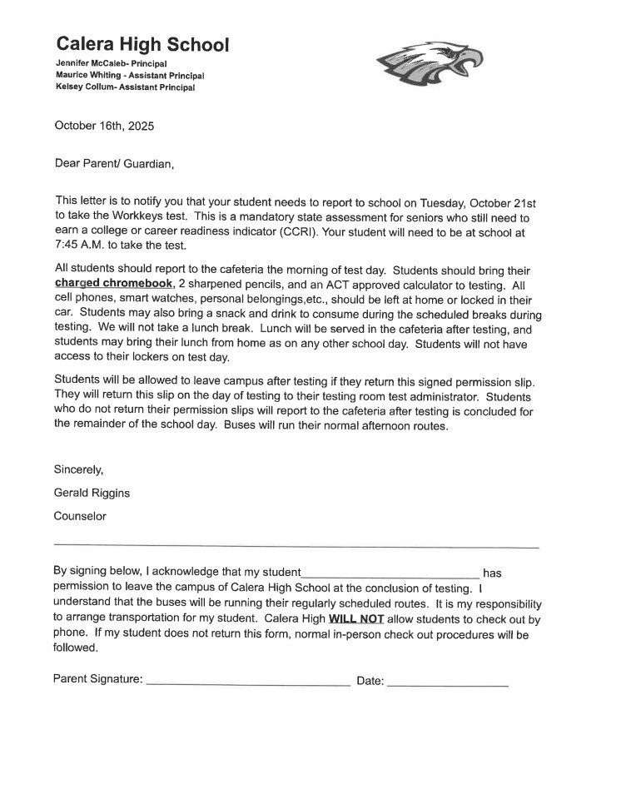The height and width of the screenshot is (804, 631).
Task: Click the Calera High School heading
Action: pos(142,45)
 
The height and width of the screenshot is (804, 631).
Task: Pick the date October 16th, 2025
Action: pos(104,127)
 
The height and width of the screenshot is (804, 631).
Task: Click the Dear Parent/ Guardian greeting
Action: pos(114,163)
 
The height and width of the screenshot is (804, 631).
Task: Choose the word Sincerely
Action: pos(78,469)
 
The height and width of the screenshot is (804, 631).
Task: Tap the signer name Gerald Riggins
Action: pos(92,493)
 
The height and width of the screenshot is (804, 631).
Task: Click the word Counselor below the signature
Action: pos(80,516)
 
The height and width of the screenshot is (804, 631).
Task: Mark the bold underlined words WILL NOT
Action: pos(356,619)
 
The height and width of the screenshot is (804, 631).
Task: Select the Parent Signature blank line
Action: pos(247,683)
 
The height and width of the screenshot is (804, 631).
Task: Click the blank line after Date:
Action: pos(447,684)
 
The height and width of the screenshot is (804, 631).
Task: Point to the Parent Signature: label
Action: pos(97,679)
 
